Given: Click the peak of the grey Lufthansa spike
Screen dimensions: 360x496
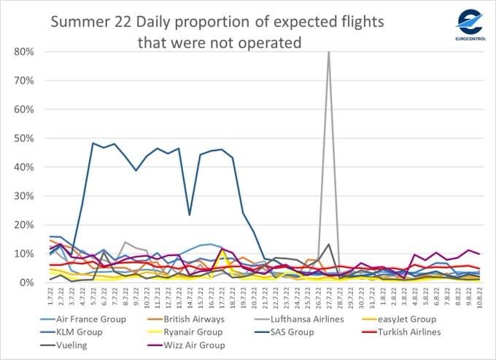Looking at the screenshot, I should point(328,52).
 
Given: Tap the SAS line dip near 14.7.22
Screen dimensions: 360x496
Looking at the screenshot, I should point(190,214).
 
